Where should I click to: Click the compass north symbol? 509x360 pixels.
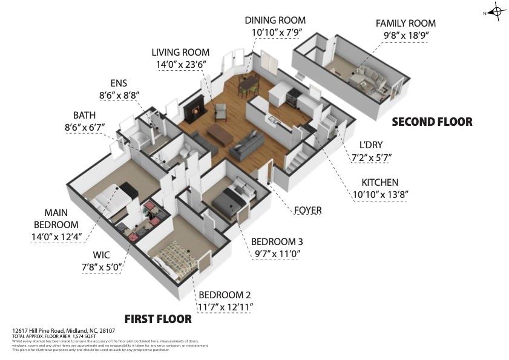(496, 11)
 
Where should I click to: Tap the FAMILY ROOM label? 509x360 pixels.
(406, 23)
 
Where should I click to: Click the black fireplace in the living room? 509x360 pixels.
(193, 111)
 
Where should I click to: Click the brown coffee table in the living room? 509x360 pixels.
(220, 134)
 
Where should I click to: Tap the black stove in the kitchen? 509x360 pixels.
(292, 96)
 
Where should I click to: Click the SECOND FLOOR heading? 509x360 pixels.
(432, 122)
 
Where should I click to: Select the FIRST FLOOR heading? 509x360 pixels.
(158, 319)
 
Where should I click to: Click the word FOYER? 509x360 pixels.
(307, 211)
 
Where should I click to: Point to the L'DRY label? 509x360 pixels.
(371, 145)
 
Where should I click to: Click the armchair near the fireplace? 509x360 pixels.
(220, 112)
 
